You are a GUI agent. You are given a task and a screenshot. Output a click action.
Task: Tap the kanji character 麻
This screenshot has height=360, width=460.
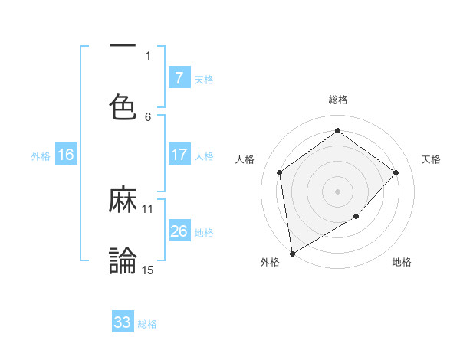tap(123, 201)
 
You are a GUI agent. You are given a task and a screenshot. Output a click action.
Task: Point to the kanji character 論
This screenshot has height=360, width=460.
tap(123, 260)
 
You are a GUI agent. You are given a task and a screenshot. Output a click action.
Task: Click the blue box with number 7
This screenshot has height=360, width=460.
tap(179, 77)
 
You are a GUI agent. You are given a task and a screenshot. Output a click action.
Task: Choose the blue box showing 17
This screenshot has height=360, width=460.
tap(179, 155)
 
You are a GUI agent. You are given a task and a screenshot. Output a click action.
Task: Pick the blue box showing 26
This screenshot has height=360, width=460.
tap(179, 231)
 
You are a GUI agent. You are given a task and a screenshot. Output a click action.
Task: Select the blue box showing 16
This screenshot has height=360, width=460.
tap(66, 155)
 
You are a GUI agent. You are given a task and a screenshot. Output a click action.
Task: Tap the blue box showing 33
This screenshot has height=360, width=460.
tap(123, 322)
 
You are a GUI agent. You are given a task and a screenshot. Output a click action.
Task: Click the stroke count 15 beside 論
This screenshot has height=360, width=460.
tap(148, 270)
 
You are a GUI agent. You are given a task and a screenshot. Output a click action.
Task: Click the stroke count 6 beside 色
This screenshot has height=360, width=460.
tap(148, 116)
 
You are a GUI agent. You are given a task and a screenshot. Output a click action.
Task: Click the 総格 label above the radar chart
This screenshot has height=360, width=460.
tap(337, 100)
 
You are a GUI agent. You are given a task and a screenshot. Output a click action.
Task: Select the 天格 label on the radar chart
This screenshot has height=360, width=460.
tap(432, 159)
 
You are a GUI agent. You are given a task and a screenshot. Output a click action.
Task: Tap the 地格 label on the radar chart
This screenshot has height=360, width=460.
tap(402, 262)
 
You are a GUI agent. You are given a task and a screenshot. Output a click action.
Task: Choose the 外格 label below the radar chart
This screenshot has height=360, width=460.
tap(270, 262)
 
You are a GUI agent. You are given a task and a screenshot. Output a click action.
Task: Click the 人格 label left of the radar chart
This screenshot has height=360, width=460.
tap(245, 159)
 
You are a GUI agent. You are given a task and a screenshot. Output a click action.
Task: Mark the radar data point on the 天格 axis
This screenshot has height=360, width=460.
tap(396, 172)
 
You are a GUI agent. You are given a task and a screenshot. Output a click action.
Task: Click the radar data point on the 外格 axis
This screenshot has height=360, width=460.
tap(291, 253)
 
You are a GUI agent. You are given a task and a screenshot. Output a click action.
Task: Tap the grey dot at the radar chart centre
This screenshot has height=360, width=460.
tap(337, 191)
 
